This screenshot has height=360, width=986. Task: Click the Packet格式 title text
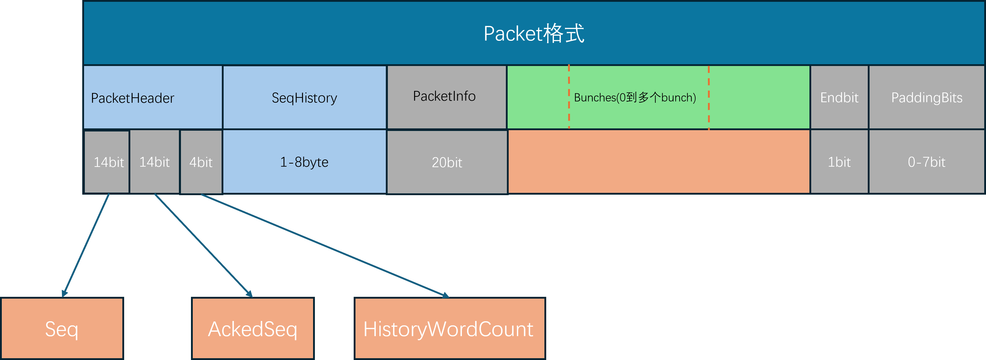click(534, 34)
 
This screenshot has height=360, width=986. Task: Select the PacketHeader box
click(152, 98)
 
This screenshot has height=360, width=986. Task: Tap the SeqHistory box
click(304, 98)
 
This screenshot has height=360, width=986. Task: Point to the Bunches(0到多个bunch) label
click(635, 98)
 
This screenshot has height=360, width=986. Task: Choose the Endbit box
click(839, 98)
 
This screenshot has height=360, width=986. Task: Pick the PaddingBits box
click(927, 98)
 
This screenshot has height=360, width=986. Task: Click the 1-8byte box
click(304, 162)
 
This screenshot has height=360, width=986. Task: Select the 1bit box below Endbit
click(839, 162)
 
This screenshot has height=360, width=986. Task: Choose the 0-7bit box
click(927, 162)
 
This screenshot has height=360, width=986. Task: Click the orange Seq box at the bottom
click(62, 329)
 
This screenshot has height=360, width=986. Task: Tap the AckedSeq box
click(253, 329)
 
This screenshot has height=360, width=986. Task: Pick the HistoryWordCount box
click(449, 329)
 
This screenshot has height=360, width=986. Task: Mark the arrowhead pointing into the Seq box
click(64, 293)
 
